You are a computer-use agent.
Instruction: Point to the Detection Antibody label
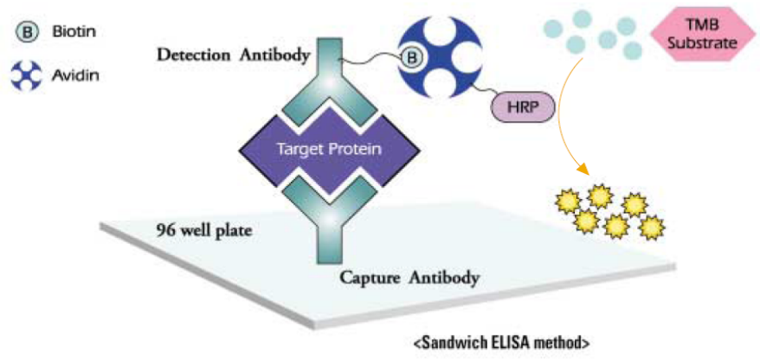[233, 55]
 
